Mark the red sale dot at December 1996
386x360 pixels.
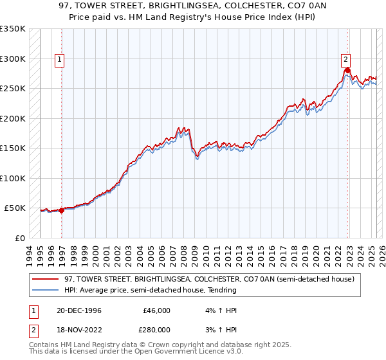tap(62, 210)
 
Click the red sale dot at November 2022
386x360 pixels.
tap(347, 70)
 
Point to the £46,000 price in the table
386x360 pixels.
tap(156, 310)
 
